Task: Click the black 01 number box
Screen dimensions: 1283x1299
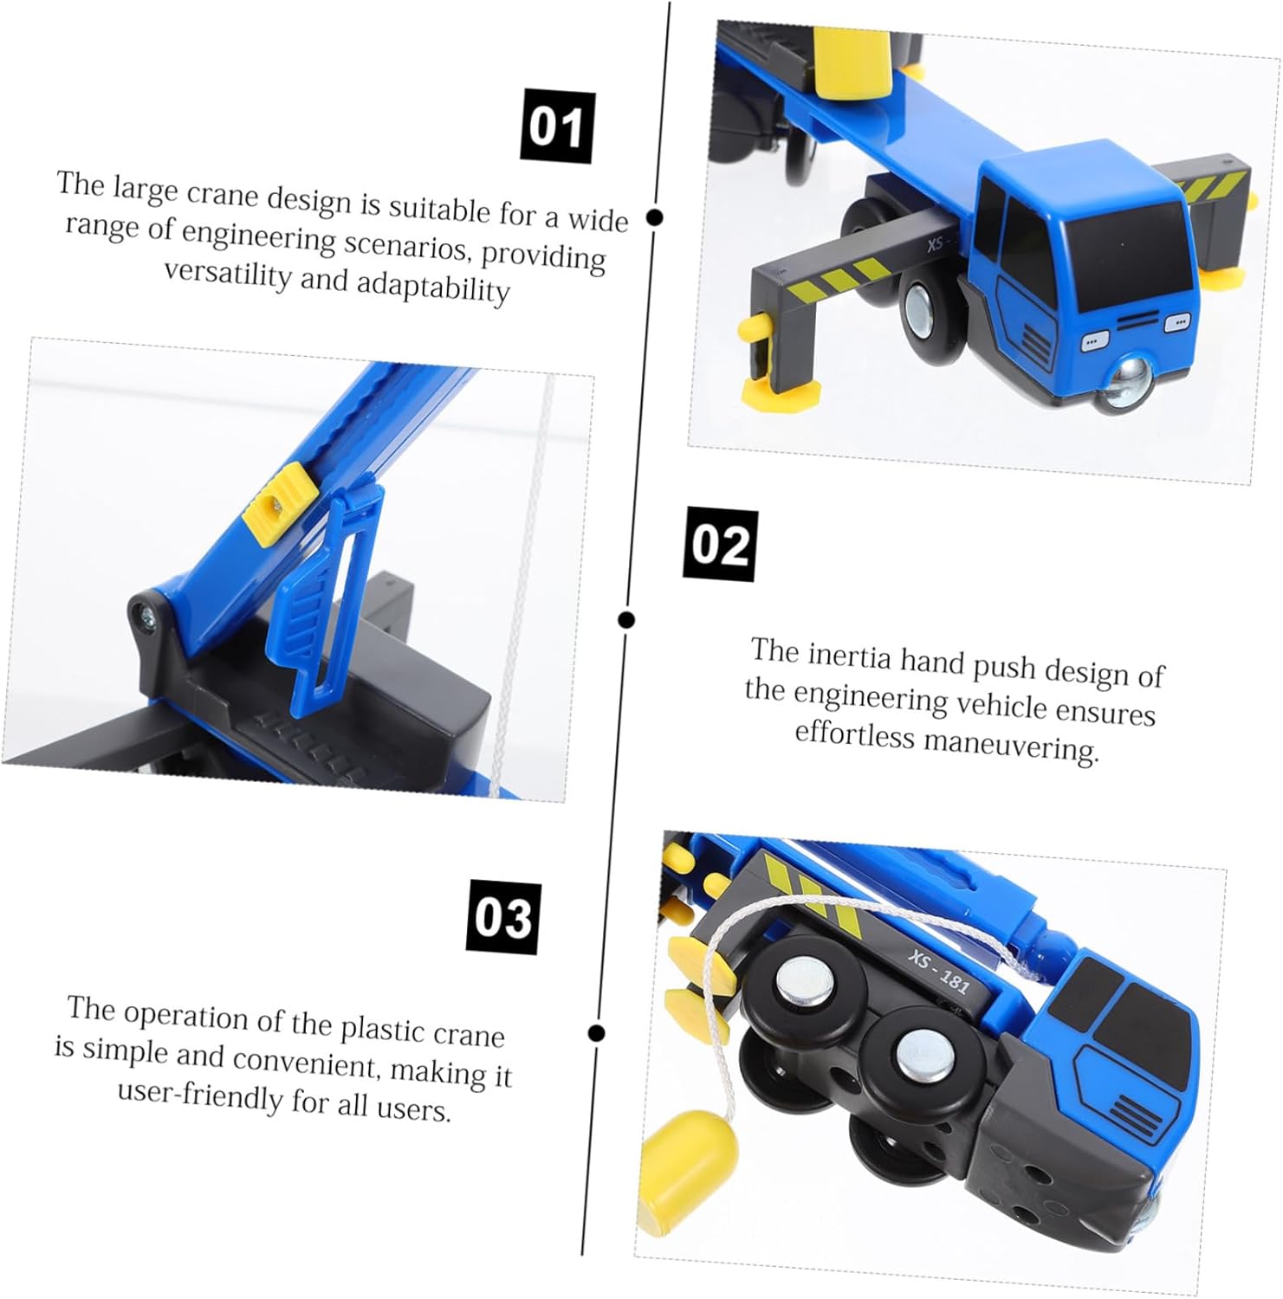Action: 557,126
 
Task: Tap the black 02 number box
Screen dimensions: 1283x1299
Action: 720,545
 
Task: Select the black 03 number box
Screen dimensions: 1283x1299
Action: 504,917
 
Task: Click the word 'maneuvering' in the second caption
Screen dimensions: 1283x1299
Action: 1011,744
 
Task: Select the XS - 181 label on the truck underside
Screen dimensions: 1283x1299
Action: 938,970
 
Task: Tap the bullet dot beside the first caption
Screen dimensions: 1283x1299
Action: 655,217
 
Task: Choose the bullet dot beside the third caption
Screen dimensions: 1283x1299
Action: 596,1032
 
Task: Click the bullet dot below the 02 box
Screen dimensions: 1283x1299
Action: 626,619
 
